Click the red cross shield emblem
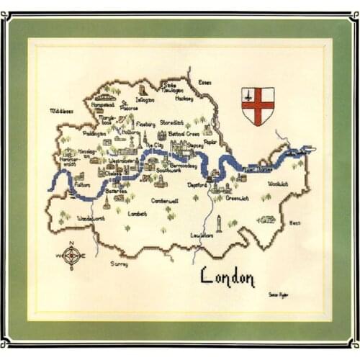coord(257,105)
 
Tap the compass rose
coord(71,256)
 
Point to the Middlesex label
coord(62,111)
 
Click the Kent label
coord(294,223)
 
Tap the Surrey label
coord(120,264)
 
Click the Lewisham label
coord(207,235)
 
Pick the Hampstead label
coord(104,104)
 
